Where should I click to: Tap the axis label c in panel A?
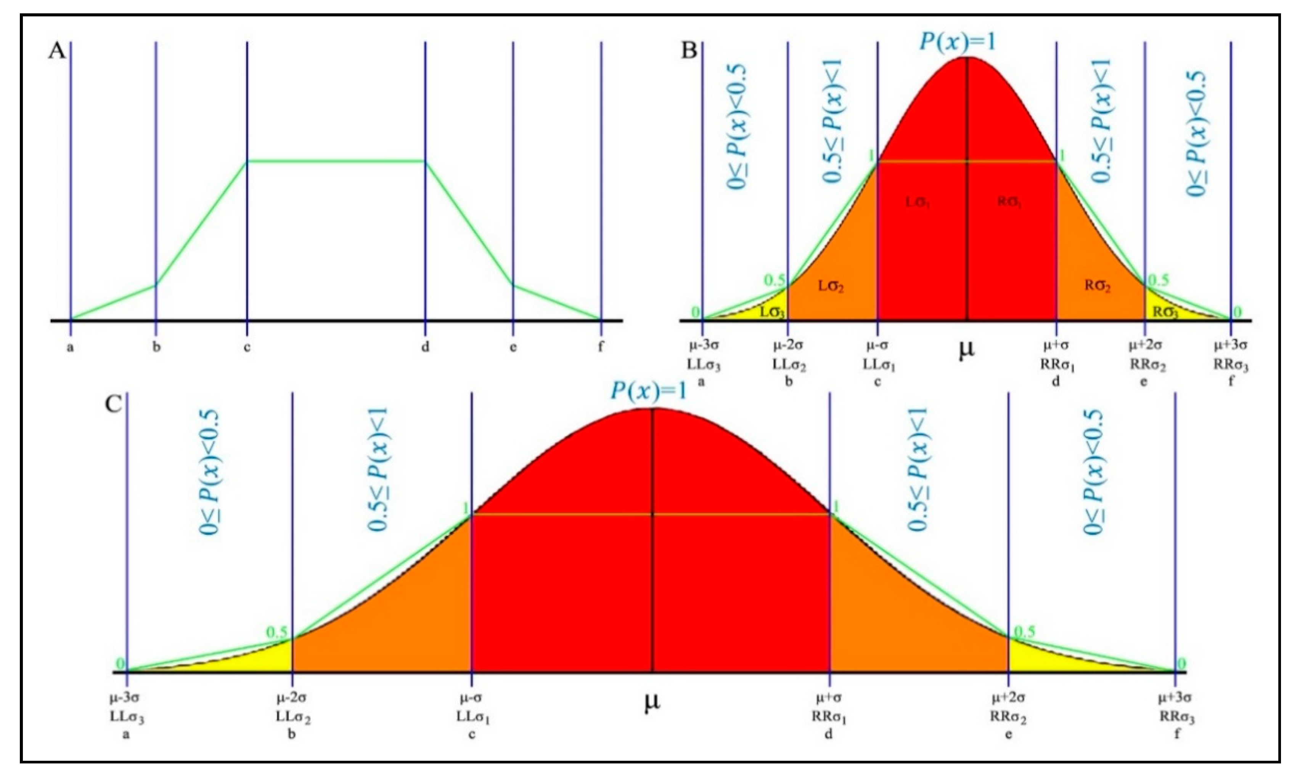(246, 347)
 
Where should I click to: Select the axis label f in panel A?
(601, 347)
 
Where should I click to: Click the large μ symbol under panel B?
(966, 349)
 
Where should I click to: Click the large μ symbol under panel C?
(652, 702)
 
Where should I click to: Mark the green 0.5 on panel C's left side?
(277, 632)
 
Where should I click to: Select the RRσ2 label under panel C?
(1008, 717)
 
